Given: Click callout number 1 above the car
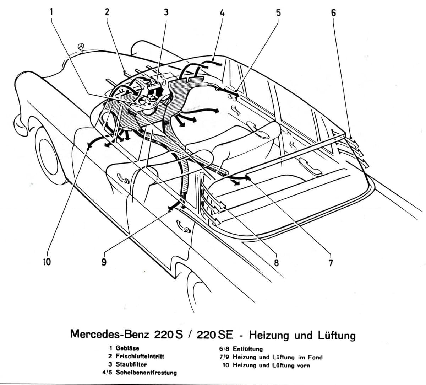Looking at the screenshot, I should pyautogui.click(x=51, y=11).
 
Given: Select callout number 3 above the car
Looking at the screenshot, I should pyautogui.click(x=165, y=12).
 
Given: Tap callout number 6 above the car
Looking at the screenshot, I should pyautogui.click(x=333, y=13).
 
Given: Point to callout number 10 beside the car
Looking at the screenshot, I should pyautogui.click(x=47, y=262).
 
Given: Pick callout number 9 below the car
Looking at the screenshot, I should pyautogui.click(x=104, y=262).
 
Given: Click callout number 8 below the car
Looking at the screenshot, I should pyautogui.click(x=276, y=263).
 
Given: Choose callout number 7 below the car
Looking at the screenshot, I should pyautogui.click(x=331, y=263).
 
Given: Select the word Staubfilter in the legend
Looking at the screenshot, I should pyautogui.click(x=131, y=364).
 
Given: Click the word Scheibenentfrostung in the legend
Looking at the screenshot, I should pyautogui.click(x=146, y=373).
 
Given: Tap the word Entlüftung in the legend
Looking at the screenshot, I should pyautogui.click(x=247, y=349).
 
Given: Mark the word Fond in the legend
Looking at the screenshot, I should pyautogui.click(x=314, y=357).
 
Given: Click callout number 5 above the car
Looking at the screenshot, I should pyautogui.click(x=278, y=12).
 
